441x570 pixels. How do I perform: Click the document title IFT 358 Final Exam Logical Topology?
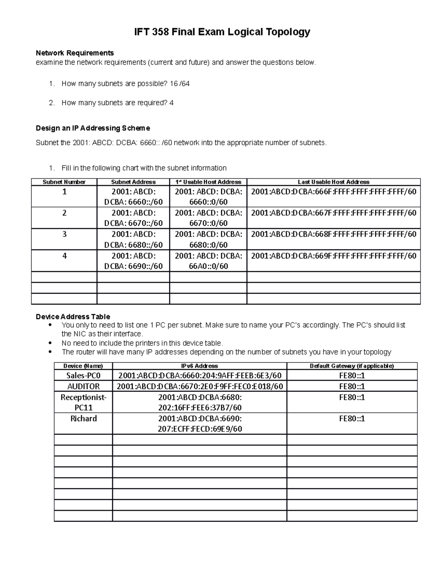pyautogui.click(x=222, y=32)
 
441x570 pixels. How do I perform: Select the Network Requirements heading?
pyautogui.click(x=75, y=53)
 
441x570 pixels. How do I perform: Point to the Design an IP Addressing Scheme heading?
pyautogui.click(x=93, y=128)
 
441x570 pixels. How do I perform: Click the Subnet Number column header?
pyautogui.click(x=64, y=182)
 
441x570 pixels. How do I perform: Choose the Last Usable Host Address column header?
pyautogui.click(x=333, y=182)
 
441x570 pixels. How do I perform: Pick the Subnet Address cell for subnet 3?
pyautogui.click(x=133, y=239)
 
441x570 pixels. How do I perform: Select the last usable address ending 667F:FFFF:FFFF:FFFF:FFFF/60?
pyautogui.click(x=333, y=213)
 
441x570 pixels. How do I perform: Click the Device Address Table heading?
pyautogui.click(x=73, y=316)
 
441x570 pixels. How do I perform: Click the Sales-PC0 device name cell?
pyautogui.click(x=83, y=375)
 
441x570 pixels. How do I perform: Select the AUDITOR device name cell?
pyautogui.click(x=83, y=386)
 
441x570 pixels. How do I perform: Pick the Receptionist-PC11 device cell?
pyautogui.click(x=83, y=402)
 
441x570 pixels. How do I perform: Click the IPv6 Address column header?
pyautogui.click(x=200, y=366)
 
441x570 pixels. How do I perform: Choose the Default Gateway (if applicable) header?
pyautogui.click(x=352, y=366)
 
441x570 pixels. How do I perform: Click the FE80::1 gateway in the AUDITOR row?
pyautogui.click(x=352, y=386)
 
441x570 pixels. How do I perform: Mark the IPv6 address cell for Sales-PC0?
pyautogui.click(x=200, y=375)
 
